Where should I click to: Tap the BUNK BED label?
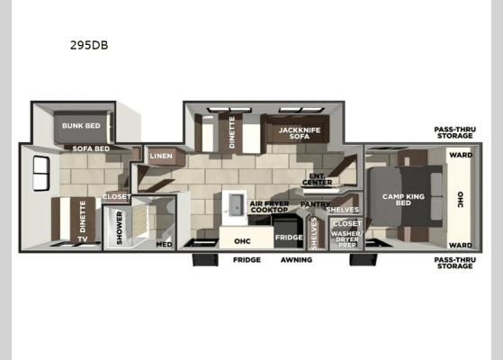tap(81, 126)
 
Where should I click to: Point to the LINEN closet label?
tap(162, 156)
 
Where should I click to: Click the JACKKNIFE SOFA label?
tap(293, 133)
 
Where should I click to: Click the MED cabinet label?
tap(164, 243)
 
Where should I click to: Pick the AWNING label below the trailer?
tap(296, 260)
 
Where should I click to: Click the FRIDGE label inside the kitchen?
tap(289, 238)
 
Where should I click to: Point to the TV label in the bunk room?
tap(82, 239)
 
